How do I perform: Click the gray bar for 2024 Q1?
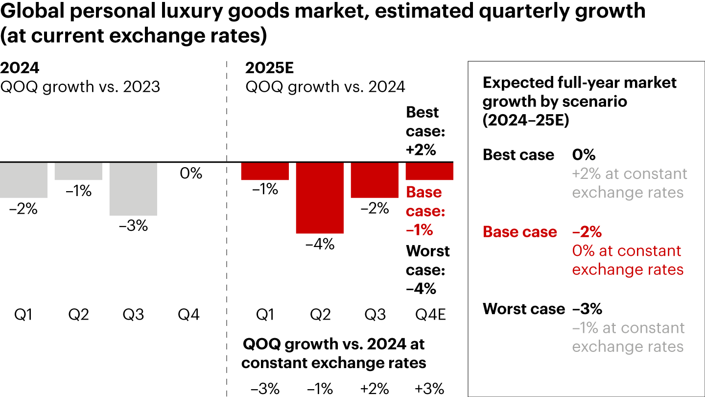(23, 180)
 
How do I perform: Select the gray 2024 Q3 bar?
(133, 189)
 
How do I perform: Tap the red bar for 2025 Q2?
(320, 198)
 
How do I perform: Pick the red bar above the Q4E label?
(429, 171)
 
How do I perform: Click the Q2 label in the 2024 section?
(78, 314)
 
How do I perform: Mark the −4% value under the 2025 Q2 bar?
(320, 244)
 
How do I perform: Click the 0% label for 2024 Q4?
(191, 173)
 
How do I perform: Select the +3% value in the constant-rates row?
(429, 389)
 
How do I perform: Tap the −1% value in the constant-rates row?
(320, 389)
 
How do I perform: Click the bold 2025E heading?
(269, 68)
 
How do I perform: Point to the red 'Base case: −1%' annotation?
(425, 211)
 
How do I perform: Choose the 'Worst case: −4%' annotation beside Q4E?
(427, 270)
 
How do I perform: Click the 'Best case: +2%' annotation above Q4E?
(422, 131)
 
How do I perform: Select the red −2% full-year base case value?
(587, 232)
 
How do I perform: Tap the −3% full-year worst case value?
(587, 309)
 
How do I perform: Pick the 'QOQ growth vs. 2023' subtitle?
(80, 87)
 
